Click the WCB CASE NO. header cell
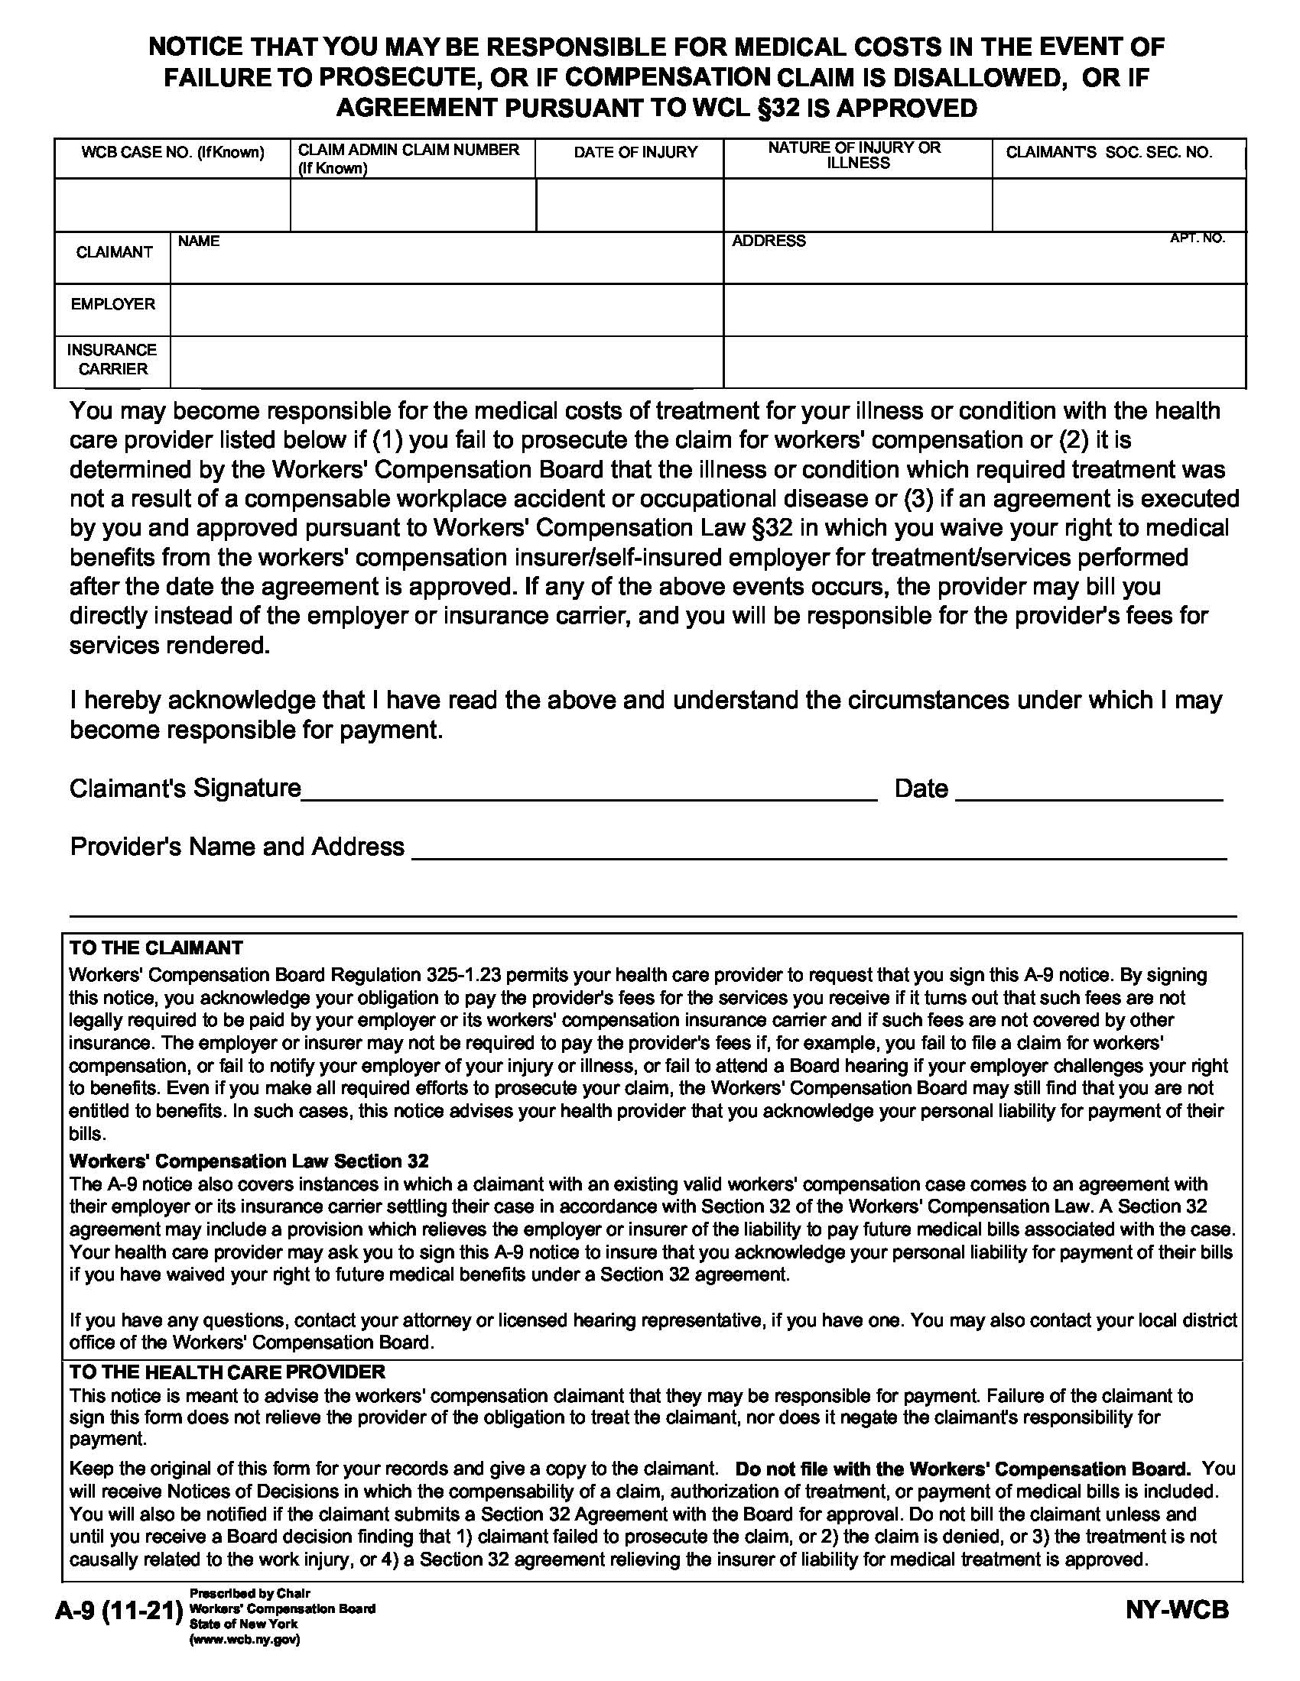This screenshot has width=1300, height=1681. (x=173, y=152)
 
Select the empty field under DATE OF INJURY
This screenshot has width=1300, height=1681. (x=629, y=205)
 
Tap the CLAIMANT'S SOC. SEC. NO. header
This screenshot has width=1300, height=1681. (x=1108, y=152)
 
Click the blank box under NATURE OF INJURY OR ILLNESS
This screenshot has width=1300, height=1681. (x=857, y=205)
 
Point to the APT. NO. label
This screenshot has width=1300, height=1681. (x=1197, y=238)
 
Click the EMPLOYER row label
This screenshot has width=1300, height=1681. (x=112, y=304)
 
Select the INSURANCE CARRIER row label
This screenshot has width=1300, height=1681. (x=112, y=359)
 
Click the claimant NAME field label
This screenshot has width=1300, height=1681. (x=199, y=241)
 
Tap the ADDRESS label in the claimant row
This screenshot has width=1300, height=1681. (x=768, y=241)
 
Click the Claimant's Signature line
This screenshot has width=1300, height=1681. (x=588, y=792)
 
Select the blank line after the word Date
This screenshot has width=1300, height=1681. (x=1088, y=792)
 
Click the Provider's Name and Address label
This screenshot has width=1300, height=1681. (x=236, y=847)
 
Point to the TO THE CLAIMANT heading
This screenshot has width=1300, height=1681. (x=155, y=948)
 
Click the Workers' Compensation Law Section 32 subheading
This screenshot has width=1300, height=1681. (x=248, y=1161)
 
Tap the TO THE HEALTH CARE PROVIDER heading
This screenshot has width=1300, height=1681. (x=226, y=1372)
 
